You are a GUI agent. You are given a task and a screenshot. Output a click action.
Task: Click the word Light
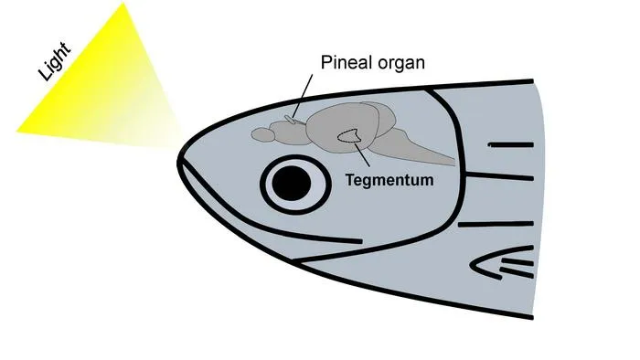[x=55, y=61]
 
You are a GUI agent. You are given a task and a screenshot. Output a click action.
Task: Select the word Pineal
[x=347, y=63]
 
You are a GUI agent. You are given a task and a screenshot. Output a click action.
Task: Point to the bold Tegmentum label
[x=389, y=180]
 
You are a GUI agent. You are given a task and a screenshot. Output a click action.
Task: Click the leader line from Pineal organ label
[x=303, y=95]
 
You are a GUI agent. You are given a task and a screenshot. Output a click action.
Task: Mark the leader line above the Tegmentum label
[x=362, y=154]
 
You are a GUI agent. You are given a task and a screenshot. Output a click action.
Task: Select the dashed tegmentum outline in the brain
[x=348, y=136]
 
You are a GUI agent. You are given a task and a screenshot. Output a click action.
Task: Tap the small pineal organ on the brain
[x=293, y=120]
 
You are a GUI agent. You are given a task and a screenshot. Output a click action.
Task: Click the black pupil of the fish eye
[x=292, y=184]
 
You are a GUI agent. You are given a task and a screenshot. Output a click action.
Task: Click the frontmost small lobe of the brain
[x=262, y=134]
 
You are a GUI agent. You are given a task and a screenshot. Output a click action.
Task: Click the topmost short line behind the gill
[x=511, y=144]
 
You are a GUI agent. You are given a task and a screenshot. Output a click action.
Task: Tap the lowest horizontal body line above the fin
[x=496, y=224]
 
